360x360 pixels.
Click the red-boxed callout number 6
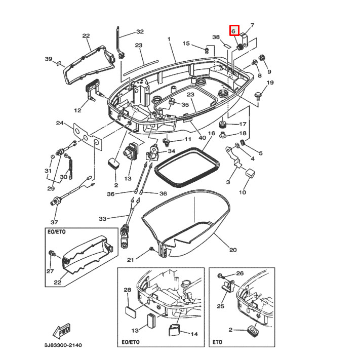(233, 31)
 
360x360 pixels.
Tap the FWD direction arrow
(64, 332)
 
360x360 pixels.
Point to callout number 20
(232, 249)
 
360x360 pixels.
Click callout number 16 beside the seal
(212, 134)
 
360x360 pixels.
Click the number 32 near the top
(140, 31)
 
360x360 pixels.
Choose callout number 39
(49, 59)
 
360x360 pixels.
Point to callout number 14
(193, 334)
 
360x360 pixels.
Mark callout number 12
(77, 110)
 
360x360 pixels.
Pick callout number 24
(59, 123)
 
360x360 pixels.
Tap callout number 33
(103, 219)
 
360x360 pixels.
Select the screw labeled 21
(151, 249)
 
